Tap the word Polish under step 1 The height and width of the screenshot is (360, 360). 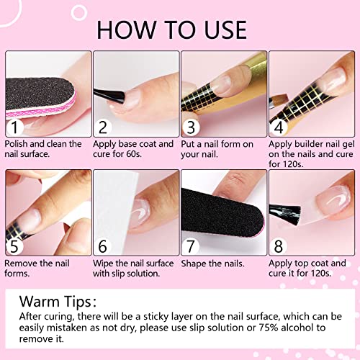click(x=19, y=144)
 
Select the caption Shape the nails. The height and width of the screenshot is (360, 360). click(x=213, y=263)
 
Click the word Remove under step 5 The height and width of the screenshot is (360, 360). click(x=24, y=263)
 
